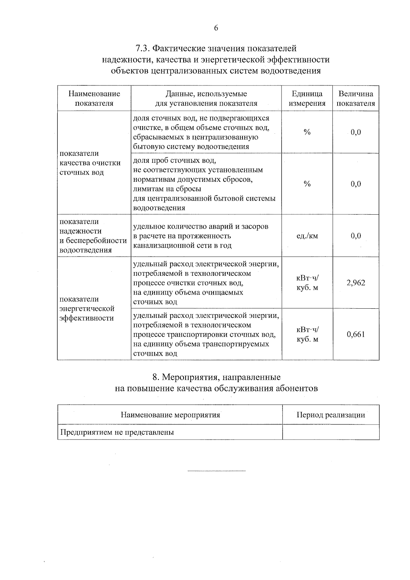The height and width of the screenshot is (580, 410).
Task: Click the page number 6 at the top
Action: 216,28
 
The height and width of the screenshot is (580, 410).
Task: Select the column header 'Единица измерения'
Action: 307,98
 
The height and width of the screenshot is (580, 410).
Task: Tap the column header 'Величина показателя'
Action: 356,98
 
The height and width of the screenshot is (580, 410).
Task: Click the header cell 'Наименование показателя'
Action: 94,98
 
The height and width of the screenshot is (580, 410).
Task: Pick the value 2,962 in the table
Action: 356,283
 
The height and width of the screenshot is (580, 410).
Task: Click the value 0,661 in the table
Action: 356,334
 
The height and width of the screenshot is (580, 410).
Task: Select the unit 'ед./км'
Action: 307,236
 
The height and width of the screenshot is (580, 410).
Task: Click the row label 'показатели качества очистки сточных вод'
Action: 90,163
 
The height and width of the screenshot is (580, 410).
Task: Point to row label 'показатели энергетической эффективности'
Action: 87,309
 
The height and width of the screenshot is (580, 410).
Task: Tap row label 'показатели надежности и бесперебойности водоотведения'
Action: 93,236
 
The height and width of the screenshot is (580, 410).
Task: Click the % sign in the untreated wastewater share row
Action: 307,132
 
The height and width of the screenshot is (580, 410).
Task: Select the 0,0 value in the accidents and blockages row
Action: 356,236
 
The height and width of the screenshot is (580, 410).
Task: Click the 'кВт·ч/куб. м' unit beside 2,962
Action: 307,283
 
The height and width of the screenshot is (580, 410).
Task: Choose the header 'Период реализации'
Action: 330,415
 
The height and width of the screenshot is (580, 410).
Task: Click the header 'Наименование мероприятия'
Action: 170,415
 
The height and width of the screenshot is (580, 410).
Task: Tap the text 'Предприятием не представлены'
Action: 117,432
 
